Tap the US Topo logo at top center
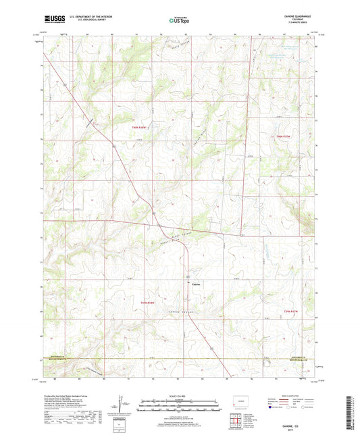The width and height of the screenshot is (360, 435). point(179,20)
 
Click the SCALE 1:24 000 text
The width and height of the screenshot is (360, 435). point(180,396)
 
